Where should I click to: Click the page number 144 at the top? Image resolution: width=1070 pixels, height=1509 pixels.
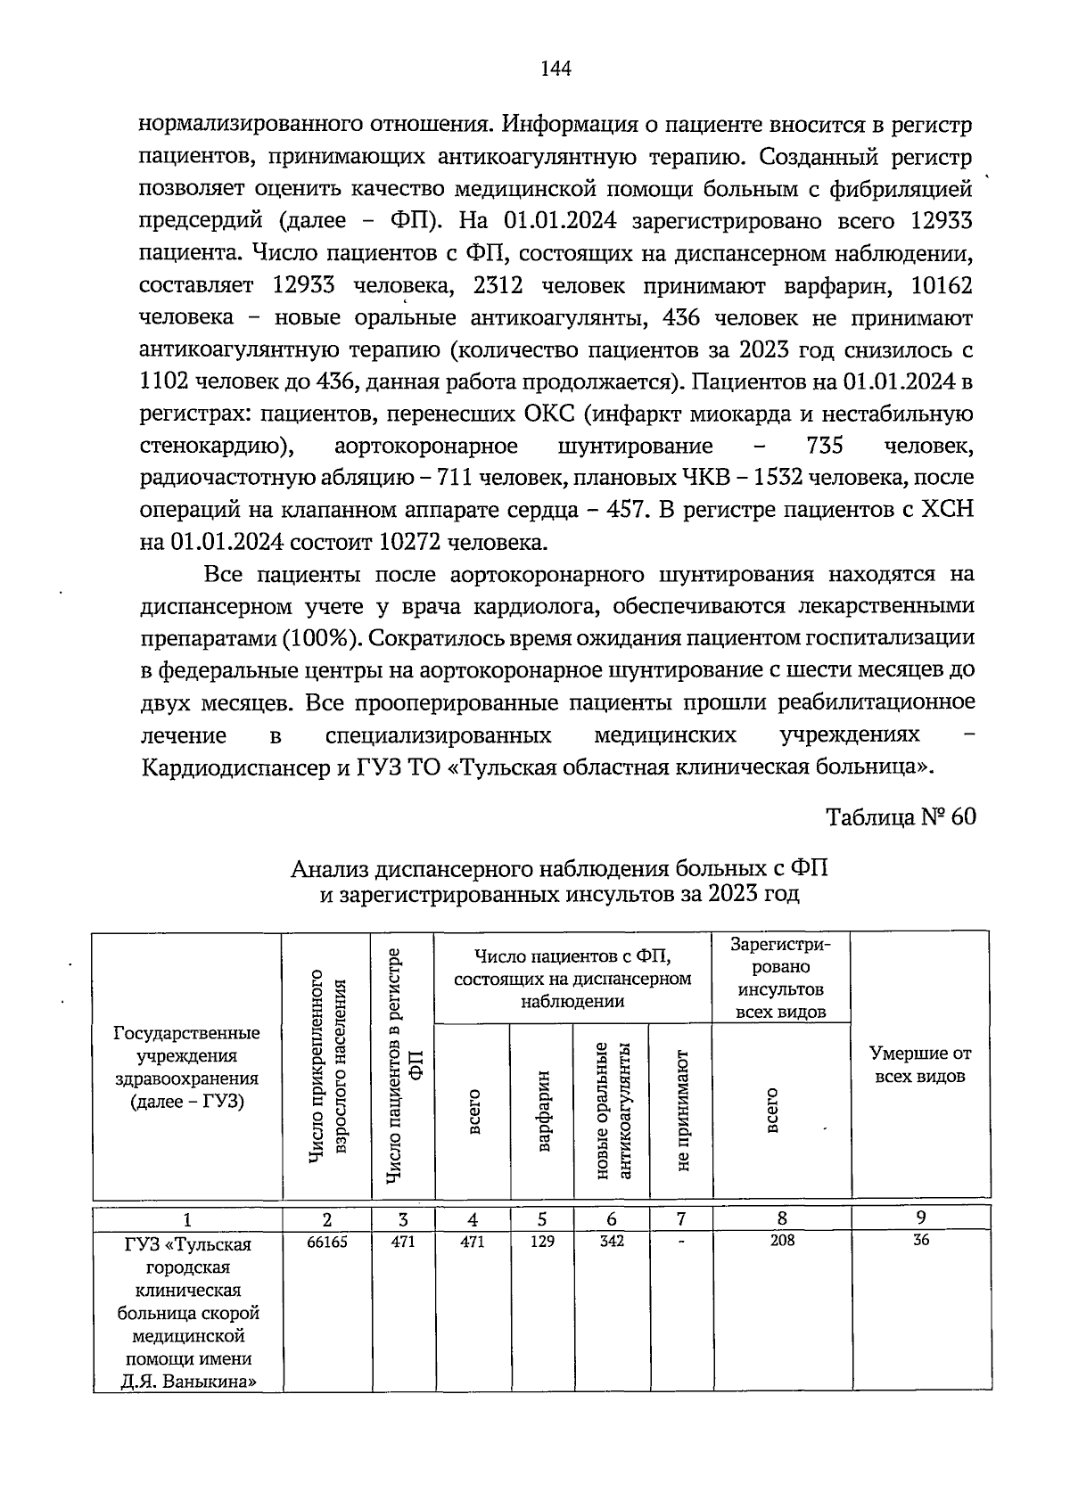coord(556,69)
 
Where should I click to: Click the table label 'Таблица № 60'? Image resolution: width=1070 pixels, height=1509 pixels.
coord(901,817)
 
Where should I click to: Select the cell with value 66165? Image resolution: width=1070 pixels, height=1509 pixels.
coord(327,1241)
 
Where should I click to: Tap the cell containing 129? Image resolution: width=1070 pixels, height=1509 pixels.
coord(542,1241)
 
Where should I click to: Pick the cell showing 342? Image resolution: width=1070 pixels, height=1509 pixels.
coord(612,1241)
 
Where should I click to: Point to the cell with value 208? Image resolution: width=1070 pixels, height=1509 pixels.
coord(782,1241)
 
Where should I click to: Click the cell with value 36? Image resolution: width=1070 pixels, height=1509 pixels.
coord(921,1241)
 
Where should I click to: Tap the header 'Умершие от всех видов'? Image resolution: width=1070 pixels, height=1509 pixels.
coord(920,1064)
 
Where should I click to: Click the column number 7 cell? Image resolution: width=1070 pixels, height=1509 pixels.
coord(681,1218)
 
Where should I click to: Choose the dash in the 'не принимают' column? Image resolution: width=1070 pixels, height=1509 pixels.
coord(681,1242)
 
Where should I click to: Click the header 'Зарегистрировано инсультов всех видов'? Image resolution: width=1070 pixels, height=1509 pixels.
coord(781,978)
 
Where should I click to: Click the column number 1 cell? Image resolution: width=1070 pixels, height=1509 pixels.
coord(187,1218)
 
